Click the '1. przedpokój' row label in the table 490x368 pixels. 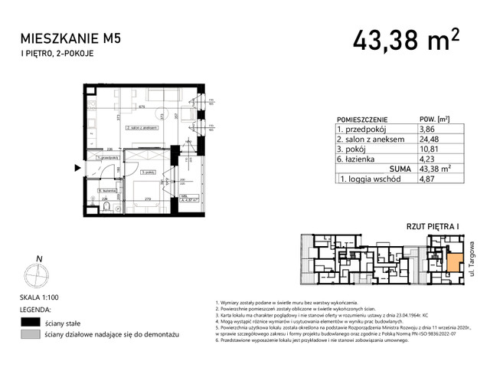click(361, 130)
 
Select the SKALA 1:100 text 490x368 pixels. click(41, 297)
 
